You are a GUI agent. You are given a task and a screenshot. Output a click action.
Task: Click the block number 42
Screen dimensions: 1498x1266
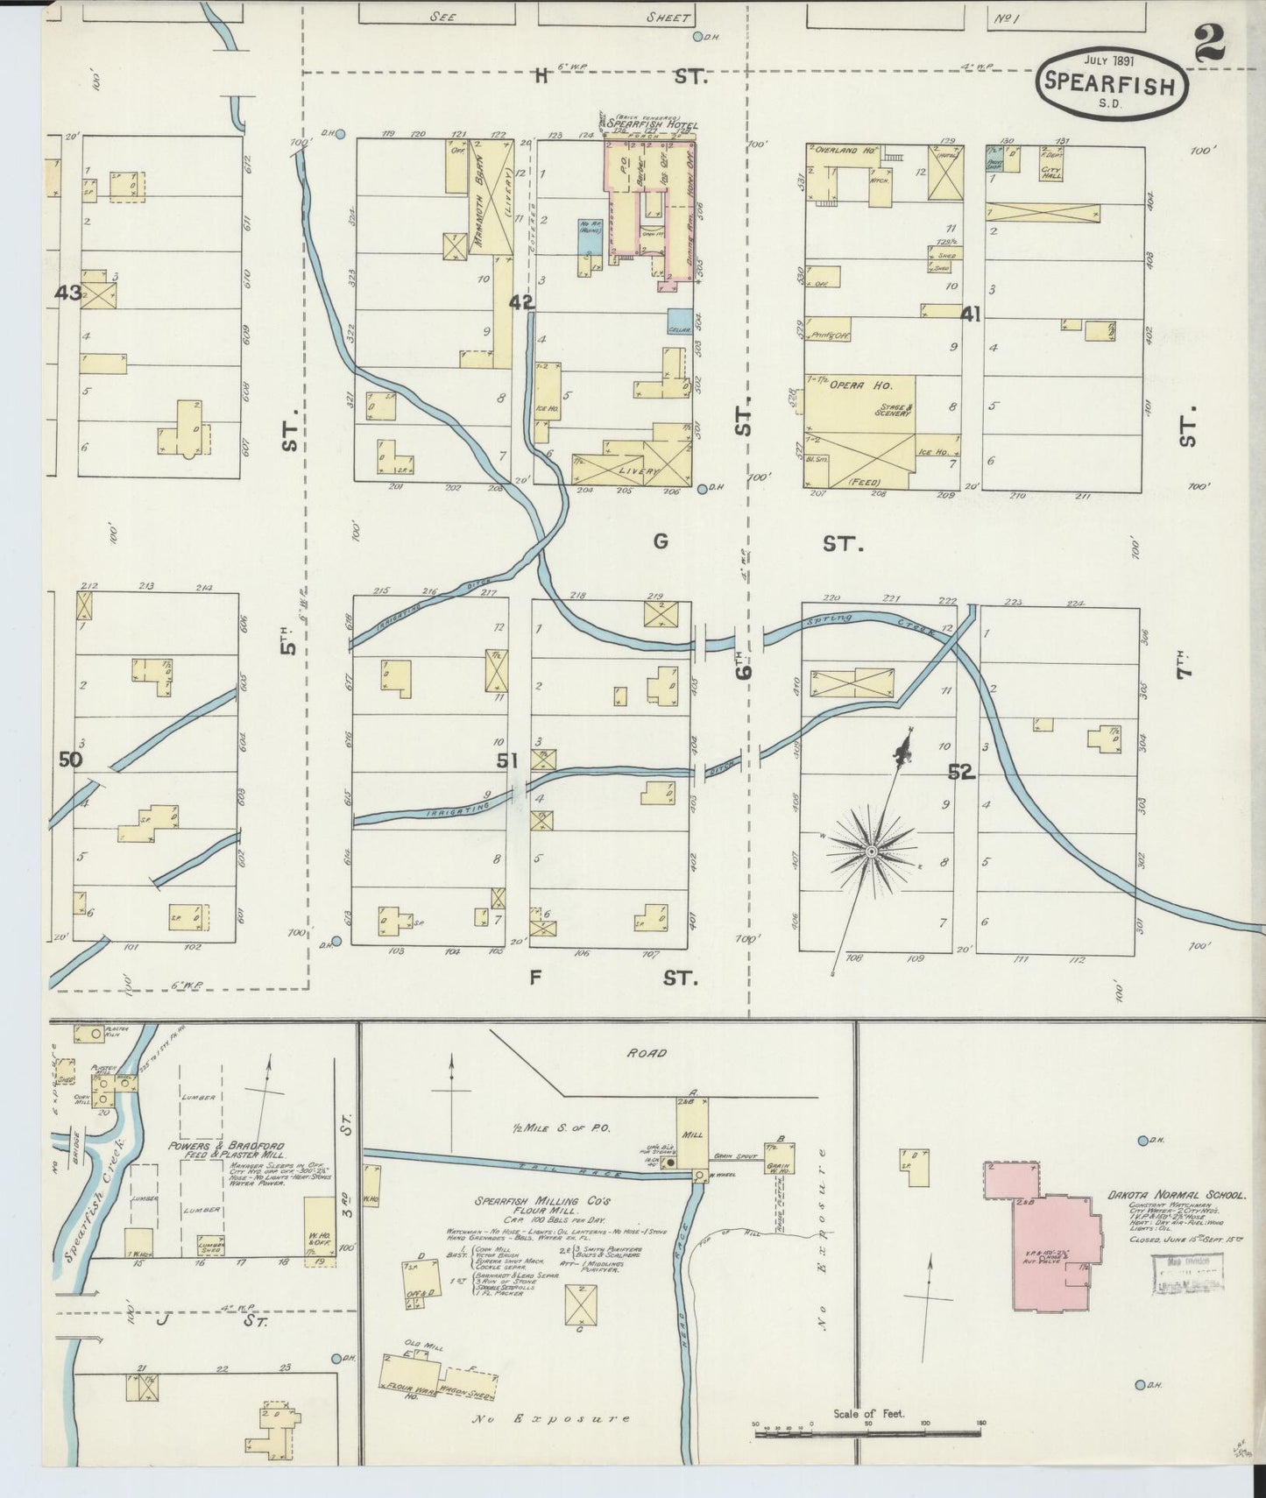click(x=521, y=302)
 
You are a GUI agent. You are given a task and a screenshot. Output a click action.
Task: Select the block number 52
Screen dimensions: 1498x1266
click(x=960, y=772)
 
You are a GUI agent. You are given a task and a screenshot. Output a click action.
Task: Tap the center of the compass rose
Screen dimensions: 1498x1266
click(x=871, y=851)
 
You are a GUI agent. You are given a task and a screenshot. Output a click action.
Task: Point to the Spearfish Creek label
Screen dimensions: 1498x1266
click(x=93, y=1207)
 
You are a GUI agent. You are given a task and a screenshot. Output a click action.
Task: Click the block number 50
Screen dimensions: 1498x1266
click(x=70, y=760)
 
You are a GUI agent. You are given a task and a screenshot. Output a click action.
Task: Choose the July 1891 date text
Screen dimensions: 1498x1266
click(x=1110, y=60)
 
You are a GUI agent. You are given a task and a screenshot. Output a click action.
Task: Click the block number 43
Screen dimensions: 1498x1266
click(x=67, y=293)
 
